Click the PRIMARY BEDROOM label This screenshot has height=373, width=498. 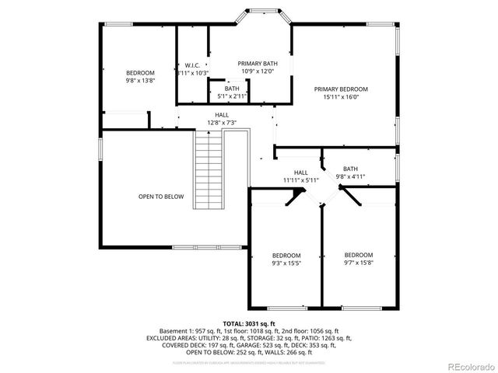tap(341, 89)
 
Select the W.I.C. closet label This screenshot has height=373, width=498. tap(192, 64)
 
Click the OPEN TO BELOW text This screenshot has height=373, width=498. tap(161, 197)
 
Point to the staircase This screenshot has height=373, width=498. tap(208, 170)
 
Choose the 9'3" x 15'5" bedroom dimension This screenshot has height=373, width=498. tap(286, 263)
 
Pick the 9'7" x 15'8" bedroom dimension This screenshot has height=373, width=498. tap(359, 263)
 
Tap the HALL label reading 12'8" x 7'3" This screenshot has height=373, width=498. tap(222, 123)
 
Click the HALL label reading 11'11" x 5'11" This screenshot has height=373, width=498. tap(300, 180)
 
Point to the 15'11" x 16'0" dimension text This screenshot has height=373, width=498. tap(341, 98)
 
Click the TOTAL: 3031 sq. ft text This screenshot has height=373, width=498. tap(248, 322)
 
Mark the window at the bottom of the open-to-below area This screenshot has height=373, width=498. tap(195, 248)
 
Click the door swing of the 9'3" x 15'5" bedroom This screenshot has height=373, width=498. tap(293, 199)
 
